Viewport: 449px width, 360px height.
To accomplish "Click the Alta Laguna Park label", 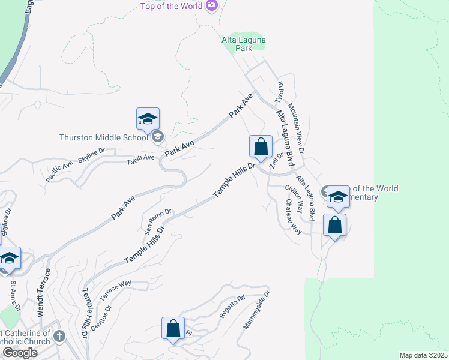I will point(244,44).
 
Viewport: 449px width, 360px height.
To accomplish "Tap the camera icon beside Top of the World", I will point(211,6).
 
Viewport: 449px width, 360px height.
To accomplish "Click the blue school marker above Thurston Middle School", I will point(148,119).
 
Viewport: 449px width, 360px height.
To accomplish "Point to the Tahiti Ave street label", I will point(142,160).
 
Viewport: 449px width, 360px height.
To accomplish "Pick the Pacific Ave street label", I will point(60,172).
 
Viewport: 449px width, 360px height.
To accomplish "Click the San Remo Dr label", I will point(158,221).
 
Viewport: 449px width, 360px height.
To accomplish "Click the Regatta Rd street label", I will point(232,306).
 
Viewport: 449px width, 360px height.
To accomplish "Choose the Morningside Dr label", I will point(258,311).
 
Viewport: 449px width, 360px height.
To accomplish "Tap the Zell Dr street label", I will point(276,162).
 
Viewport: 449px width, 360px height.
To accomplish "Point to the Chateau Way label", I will point(292,218).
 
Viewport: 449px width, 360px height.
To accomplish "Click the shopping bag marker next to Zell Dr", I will point(261,147).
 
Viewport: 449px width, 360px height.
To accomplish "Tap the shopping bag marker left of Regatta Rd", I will point(173,329).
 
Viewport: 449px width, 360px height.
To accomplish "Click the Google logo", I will point(20,353).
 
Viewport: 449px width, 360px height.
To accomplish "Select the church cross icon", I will point(59,335).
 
